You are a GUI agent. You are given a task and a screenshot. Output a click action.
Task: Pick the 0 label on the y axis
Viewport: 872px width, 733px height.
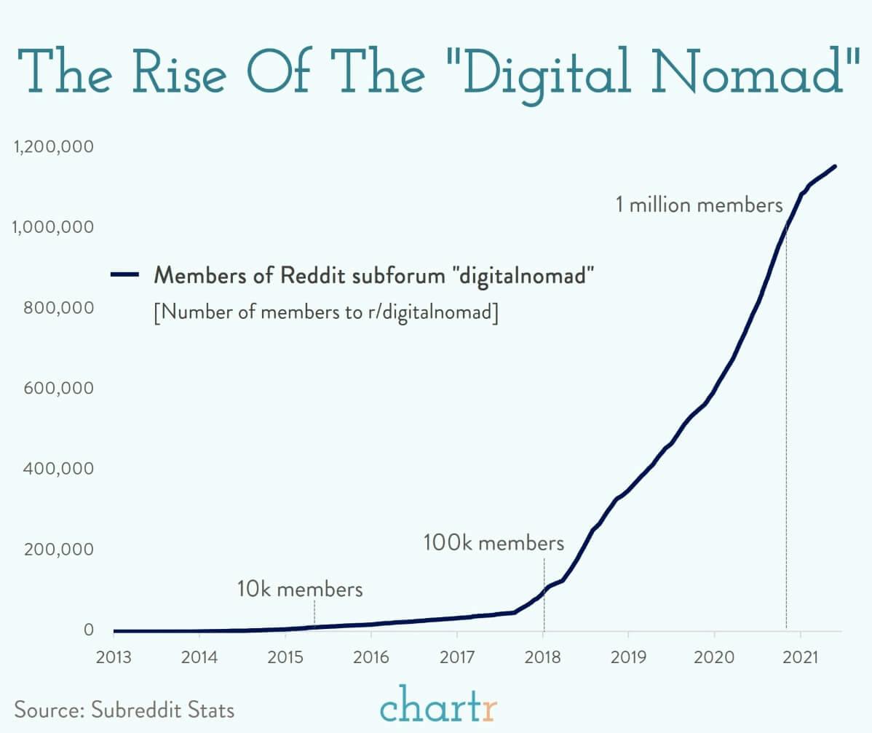(x=89, y=630)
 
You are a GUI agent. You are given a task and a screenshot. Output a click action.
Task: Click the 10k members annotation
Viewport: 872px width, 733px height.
(x=300, y=589)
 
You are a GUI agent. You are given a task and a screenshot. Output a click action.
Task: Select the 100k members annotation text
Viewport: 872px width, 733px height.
(x=494, y=543)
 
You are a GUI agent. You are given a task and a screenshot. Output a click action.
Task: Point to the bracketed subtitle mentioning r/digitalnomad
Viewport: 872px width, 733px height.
(x=326, y=313)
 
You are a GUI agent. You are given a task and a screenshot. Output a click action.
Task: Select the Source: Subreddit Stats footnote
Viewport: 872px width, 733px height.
(x=125, y=709)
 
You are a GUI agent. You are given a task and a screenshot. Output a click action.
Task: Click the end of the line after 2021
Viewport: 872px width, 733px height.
(x=834, y=167)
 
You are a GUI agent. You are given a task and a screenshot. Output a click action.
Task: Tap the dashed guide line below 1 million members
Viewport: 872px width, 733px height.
(x=786, y=437)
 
